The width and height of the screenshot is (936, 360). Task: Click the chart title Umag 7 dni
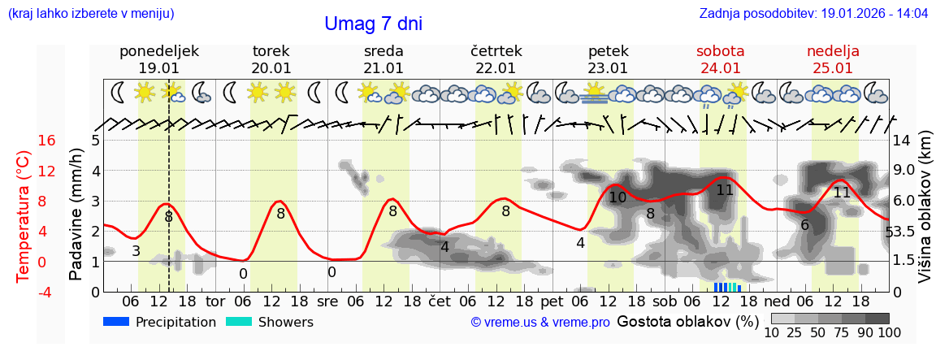point(373,24)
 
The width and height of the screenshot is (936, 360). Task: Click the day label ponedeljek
point(159,51)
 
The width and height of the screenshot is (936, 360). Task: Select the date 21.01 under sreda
point(383,68)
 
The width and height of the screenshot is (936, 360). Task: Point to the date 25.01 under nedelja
point(833,68)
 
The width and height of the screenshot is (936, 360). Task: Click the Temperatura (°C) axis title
point(23,215)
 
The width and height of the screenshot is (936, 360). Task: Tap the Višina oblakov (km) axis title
point(924,215)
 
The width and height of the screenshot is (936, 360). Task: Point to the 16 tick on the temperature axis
point(47,141)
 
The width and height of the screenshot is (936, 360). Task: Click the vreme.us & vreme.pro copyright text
point(540,323)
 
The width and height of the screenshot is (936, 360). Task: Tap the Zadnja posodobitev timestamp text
point(813,14)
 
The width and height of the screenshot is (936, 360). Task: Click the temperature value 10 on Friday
point(617,197)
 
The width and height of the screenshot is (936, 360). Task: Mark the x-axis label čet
point(440,301)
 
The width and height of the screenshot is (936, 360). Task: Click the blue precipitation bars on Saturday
point(727,287)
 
